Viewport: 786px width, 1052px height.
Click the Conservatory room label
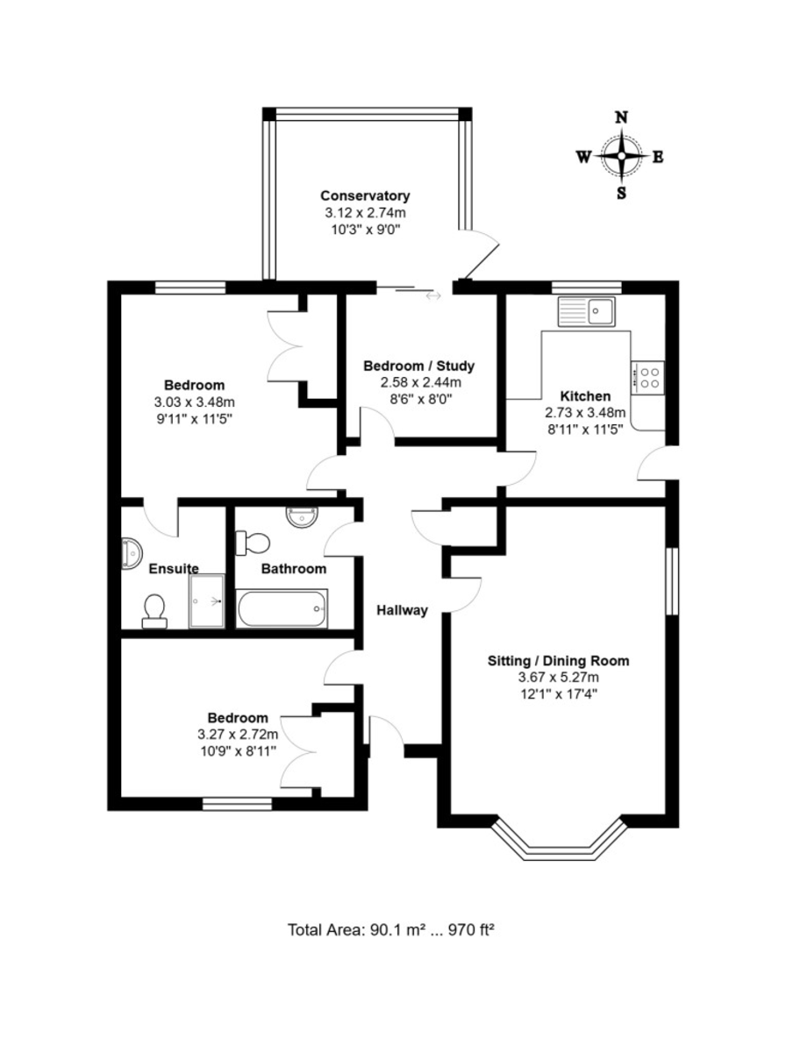point(365,196)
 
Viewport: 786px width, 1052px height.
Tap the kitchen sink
point(586,311)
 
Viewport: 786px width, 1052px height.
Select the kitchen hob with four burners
point(647,378)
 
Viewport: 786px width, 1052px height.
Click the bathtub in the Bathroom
point(282,608)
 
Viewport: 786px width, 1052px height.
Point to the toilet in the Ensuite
point(154,612)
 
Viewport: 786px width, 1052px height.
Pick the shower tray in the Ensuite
point(207,601)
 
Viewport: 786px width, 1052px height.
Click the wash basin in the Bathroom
point(302,516)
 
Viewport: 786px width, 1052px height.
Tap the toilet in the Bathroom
point(253,543)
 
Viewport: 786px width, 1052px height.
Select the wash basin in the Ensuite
point(132,554)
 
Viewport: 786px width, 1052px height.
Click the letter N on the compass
point(621,117)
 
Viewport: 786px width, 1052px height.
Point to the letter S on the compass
point(621,193)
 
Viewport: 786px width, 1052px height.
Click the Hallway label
point(402,610)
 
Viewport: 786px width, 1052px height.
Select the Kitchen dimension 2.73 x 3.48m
point(585,412)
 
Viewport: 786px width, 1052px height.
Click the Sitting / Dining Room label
point(558,661)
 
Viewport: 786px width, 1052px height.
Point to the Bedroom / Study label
point(418,366)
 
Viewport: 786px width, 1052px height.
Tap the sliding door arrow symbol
point(433,295)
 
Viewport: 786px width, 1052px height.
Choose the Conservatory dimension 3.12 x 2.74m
point(365,212)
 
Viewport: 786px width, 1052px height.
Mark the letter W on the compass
point(583,156)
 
